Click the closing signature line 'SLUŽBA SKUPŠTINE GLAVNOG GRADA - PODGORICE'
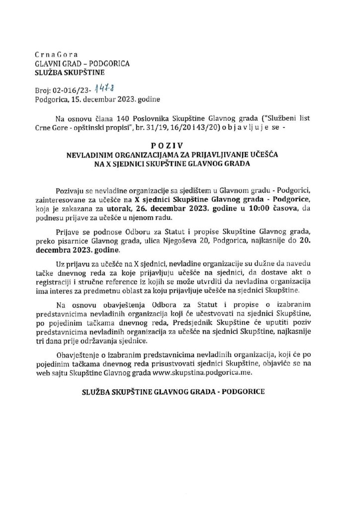tap(174, 391)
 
